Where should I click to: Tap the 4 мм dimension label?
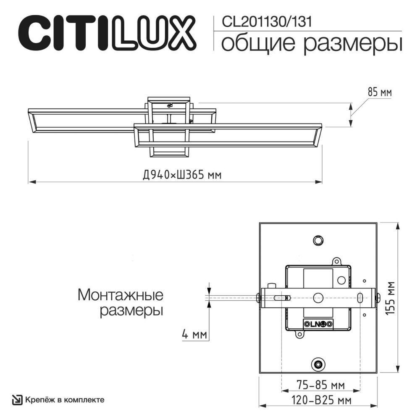(194, 335)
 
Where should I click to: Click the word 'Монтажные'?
(121, 295)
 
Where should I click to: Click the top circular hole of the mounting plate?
(318, 240)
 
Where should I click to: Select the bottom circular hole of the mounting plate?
(318, 364)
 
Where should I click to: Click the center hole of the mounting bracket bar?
(318, 297)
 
